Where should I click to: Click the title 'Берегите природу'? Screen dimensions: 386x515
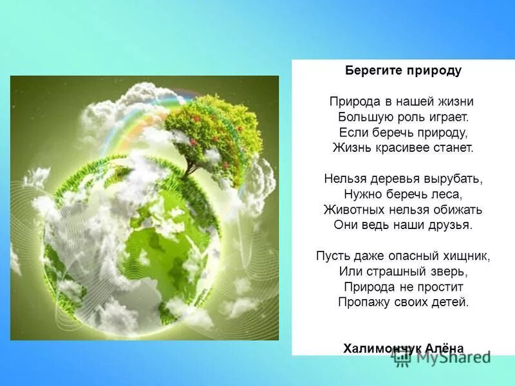point(403,71)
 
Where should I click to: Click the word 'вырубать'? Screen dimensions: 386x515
point(455,178)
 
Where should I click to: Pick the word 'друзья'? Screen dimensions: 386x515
point(451,225)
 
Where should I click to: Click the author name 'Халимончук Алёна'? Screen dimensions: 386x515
point(404,347)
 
